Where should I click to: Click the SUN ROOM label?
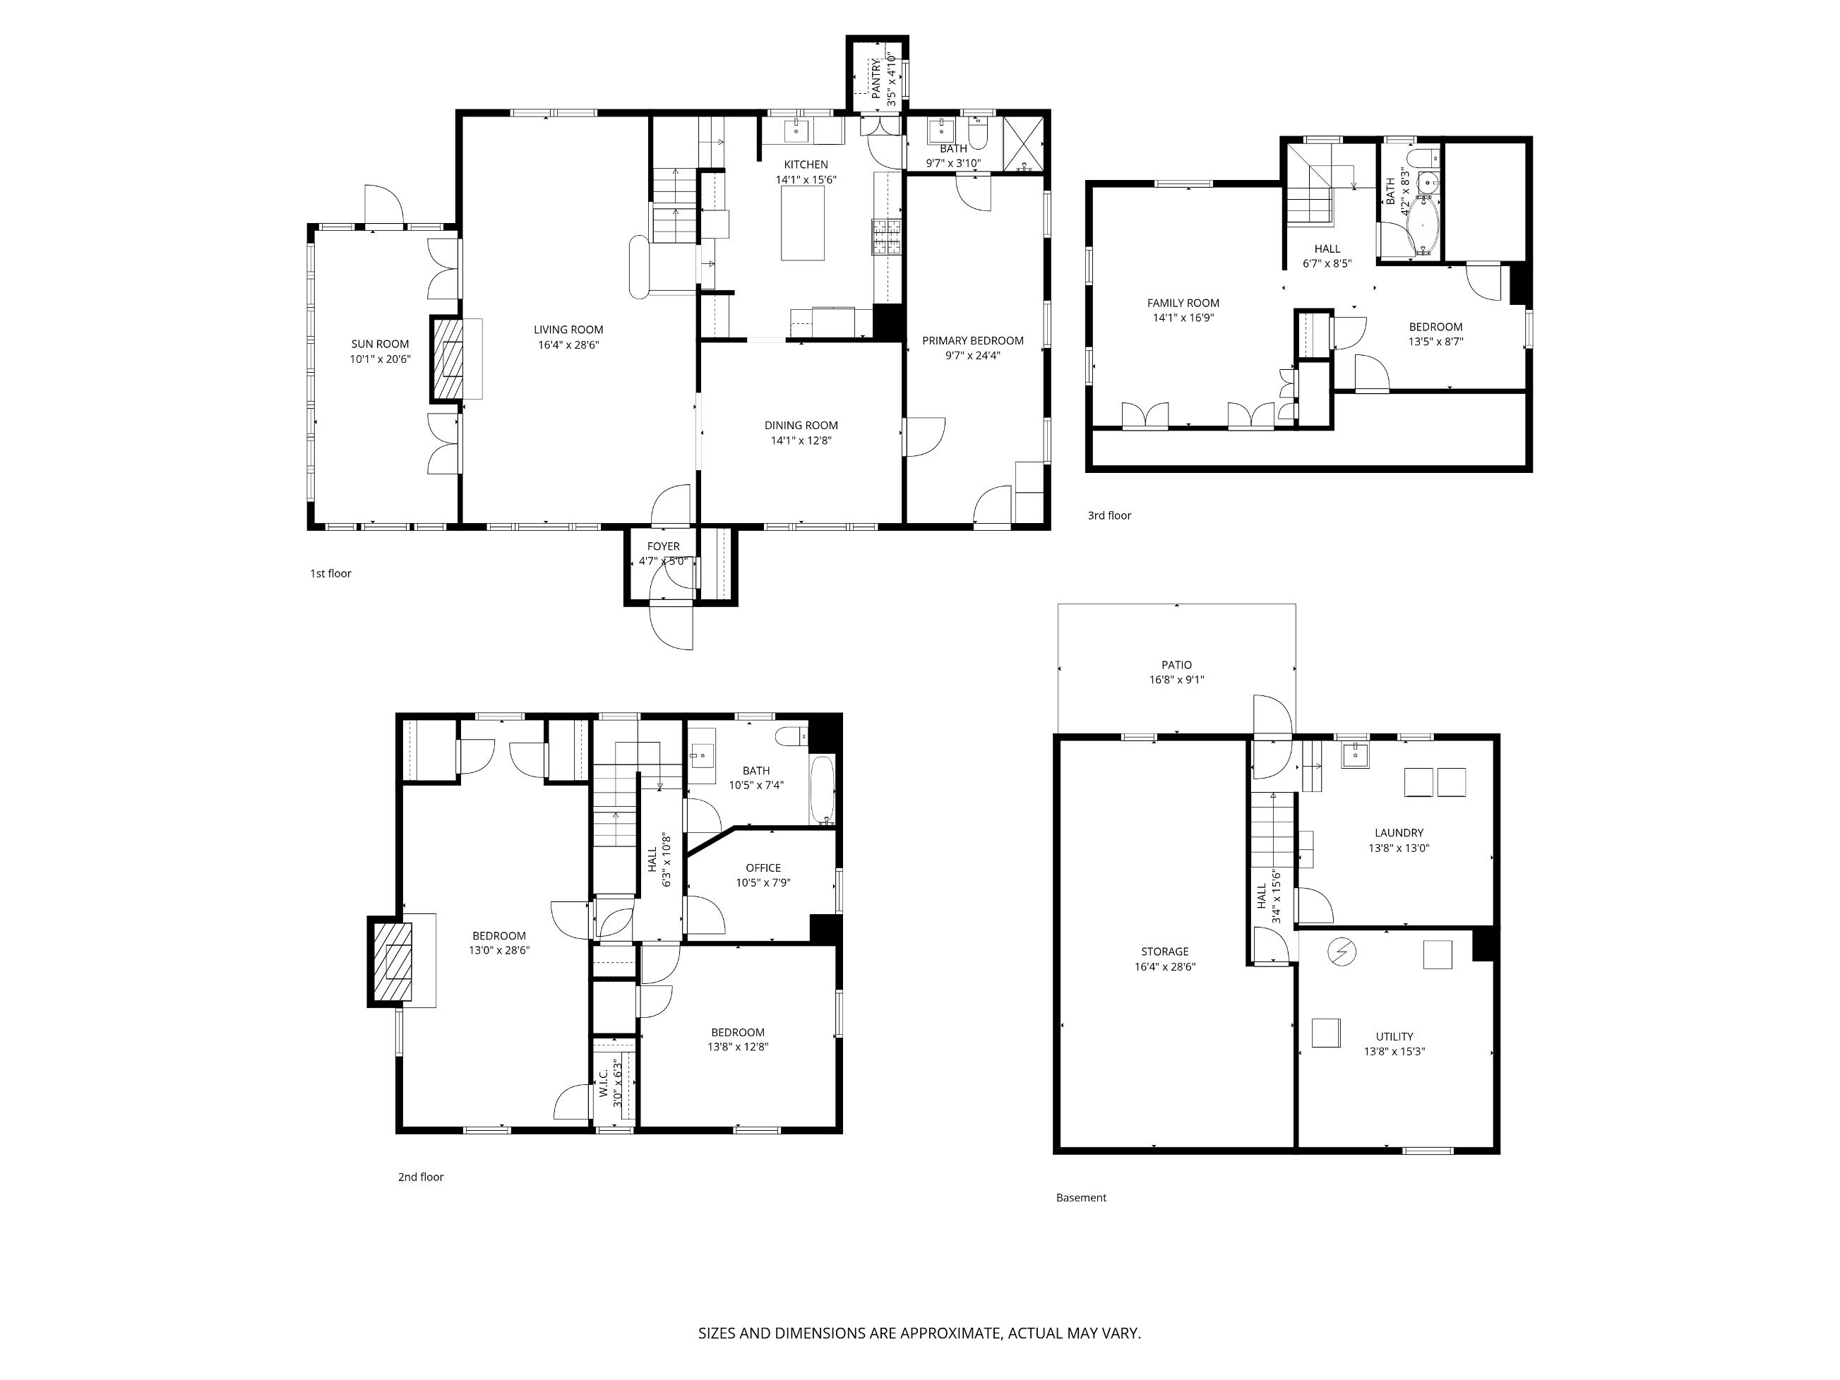pyautogui.click(x=380, y=344)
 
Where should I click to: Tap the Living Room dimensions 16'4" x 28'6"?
pyautogui.click(x=568, y=344)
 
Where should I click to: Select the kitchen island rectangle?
pyautogui.click(x=803, y=223)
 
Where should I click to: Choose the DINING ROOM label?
pyautogui.click(x=801, y=425)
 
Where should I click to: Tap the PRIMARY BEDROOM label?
pyautogui.click(x=972, y=340)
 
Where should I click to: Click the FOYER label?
pyautogui.click(x=664, y=546)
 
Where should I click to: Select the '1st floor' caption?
pyautogui.click(x=331, y=573)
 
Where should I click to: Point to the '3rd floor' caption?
pyautogui.click(x=1110, y=516)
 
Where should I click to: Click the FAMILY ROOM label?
pyautogui.click(x=1183, y=303)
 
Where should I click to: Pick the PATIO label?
pyautogui.click(x=1176, y=665)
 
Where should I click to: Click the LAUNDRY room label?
pyautogui.click(x=1399, y=833)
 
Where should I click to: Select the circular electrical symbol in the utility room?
pyautogui.click(x=1342, y=952)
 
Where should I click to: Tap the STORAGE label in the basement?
pyautogui.click(x=1164, y=952)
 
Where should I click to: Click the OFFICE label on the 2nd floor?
pyautogui.click(x=763, y=868)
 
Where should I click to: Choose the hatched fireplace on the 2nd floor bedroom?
pyautogui.click(x=392, y=961)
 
